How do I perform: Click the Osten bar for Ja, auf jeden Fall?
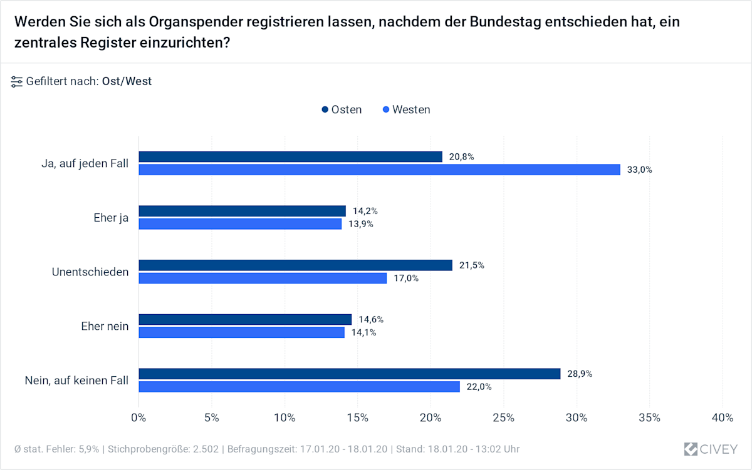(x=290, y=156)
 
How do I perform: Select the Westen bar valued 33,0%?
(x=379, y=170)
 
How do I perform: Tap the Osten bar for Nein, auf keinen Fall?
(x=349, y=374)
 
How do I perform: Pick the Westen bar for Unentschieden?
(x=263, y=278)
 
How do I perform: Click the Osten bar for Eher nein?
(x=245, y=319)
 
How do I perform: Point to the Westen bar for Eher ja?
(x=240, y=224)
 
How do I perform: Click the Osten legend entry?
(x=342, y=110)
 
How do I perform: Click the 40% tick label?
(x=723, y=417)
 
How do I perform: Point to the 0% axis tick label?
(x=138, y=417)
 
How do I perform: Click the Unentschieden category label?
(x=90, y=272)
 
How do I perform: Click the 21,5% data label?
(x=471, y=265)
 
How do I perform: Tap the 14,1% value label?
(x=363, y=333)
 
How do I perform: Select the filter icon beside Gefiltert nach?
(x=17, y=81)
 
